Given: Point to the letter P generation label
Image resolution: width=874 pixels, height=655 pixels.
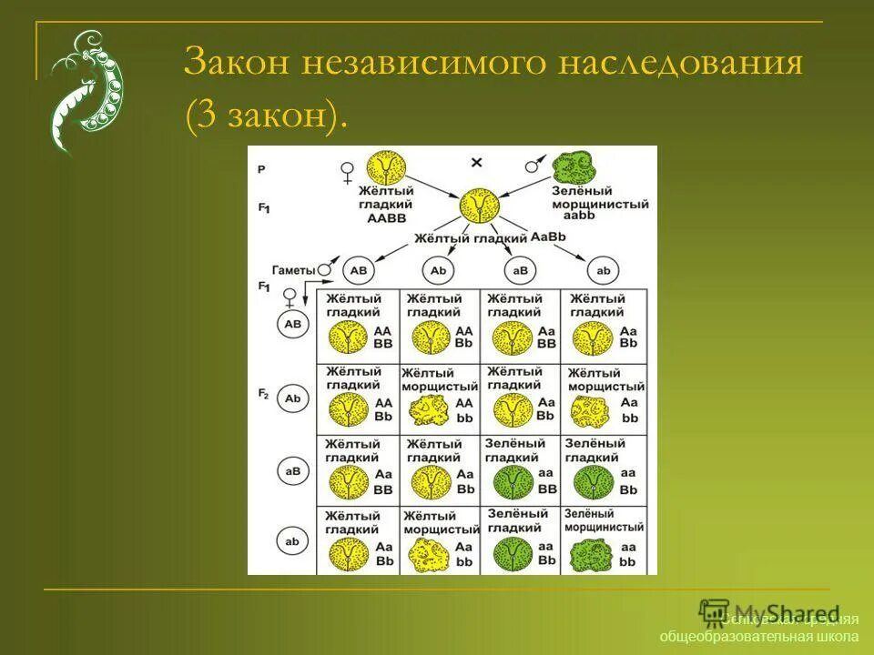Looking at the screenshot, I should (x=261, y=169).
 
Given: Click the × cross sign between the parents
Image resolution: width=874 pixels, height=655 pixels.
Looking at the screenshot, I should (x=476, y=162).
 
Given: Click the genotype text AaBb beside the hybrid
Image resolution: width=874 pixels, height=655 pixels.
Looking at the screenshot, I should (x=548, y=237).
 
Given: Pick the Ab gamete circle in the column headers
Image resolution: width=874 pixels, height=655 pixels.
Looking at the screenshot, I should (x=438, y=270).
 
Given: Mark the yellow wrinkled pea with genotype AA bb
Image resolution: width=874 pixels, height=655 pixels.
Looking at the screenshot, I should (x=426, y=411).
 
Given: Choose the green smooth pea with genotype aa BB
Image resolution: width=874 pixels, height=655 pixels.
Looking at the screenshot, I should (x=512, y=482).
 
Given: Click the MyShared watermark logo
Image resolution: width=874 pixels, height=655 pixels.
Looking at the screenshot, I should (x=769, y=613).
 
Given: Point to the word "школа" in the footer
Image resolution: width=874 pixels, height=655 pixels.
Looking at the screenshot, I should (x=836, y=636).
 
